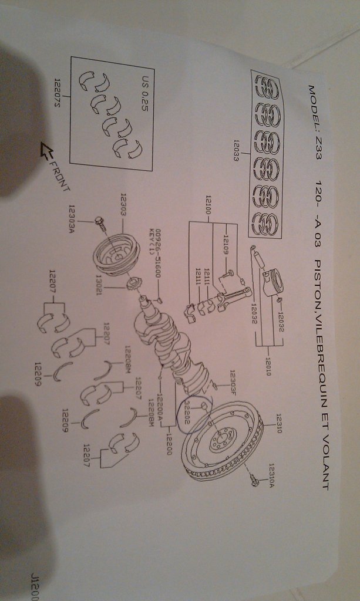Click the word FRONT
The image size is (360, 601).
coord(59,175)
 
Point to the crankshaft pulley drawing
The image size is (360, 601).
coord(116,254)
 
